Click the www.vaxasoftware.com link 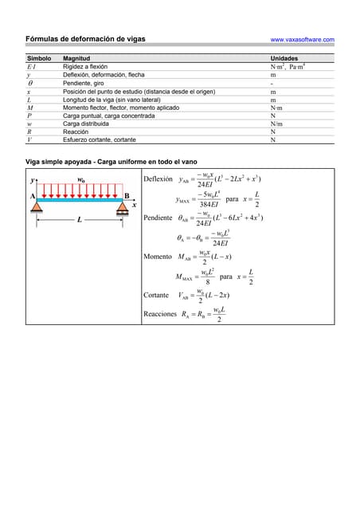pos(302,39)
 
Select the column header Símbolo pos(39,59)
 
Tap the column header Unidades pos(284,59)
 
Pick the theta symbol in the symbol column pos(30,83)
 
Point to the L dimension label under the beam pos(79,220)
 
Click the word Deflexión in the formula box pos(157,179)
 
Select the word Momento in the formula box pos(157,257)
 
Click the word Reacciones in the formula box pos(160,314)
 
